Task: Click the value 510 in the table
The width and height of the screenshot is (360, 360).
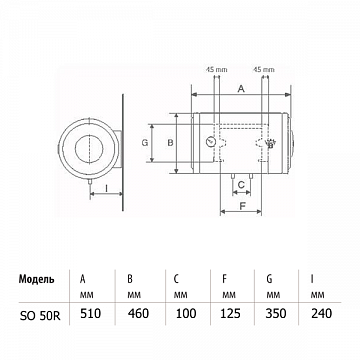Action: (91, 313)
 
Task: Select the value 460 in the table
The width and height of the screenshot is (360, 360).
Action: (138, 313)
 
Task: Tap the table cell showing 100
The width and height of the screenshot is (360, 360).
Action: (185, 313)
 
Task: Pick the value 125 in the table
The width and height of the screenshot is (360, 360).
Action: (230, 313)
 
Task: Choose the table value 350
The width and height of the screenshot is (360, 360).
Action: (276, 313)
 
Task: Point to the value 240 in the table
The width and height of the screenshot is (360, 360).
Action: (321, 313)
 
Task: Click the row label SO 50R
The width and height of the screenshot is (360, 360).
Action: (40, 315)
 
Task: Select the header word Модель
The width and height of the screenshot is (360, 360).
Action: (37, 279)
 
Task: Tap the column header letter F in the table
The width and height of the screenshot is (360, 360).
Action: (224, 279)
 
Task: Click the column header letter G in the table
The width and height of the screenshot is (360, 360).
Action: (269, 279)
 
